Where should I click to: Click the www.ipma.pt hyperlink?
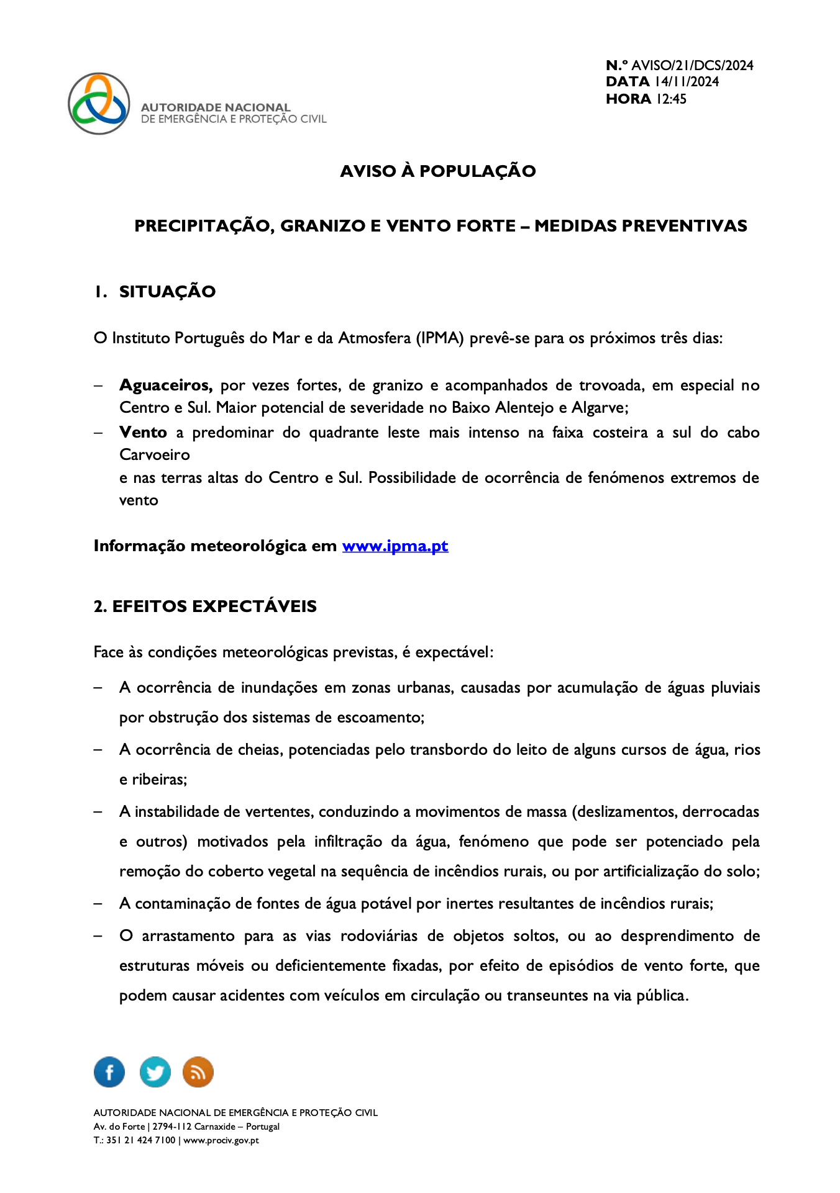coord(395,546)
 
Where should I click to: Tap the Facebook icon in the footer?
coord(109,1072)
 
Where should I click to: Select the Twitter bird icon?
coord(155,1072)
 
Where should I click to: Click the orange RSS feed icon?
coord(198,1072)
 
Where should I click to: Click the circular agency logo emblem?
coord(99,104)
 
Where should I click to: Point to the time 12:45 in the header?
coord(671,99)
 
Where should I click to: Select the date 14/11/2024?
coord(687,82)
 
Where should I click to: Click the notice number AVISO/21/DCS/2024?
coord(692,66)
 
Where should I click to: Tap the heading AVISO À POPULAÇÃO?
coord(437,171)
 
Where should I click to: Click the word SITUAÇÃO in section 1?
coord(167,292)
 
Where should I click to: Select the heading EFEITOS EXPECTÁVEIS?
coord(214,606)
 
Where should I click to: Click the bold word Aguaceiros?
coord(166,385)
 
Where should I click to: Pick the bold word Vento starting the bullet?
coord(143,433)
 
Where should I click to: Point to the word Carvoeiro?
coord(155,455)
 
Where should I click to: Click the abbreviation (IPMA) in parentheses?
coord(441,338)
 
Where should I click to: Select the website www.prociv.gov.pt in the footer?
coord(221,1140)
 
